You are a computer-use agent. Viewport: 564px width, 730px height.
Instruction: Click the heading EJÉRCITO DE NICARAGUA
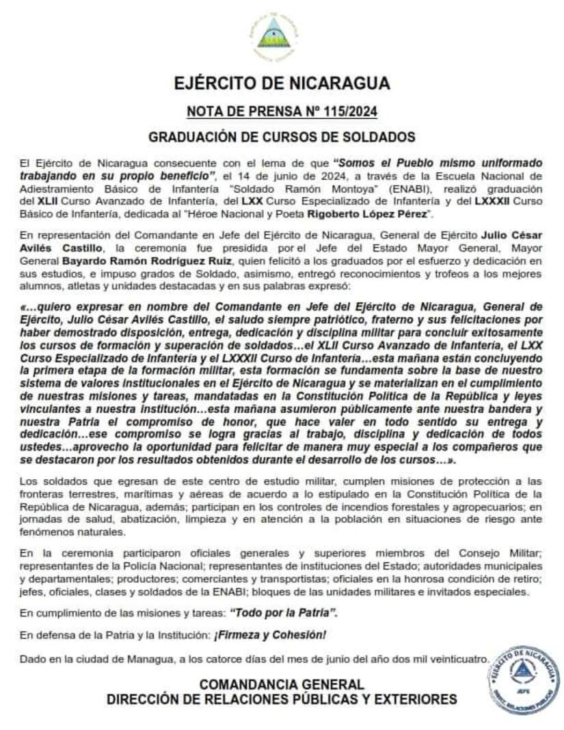(x=282, y=83)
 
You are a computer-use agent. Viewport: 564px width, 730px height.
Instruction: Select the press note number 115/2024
(x=282, y=111)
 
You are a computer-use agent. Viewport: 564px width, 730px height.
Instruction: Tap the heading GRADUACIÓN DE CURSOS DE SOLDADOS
(x=282, y=137)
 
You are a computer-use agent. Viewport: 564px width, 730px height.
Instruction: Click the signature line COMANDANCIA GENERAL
(x=282, y=684)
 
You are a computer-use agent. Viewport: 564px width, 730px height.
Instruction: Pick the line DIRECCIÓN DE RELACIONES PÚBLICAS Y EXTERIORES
(x=282, y=699)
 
